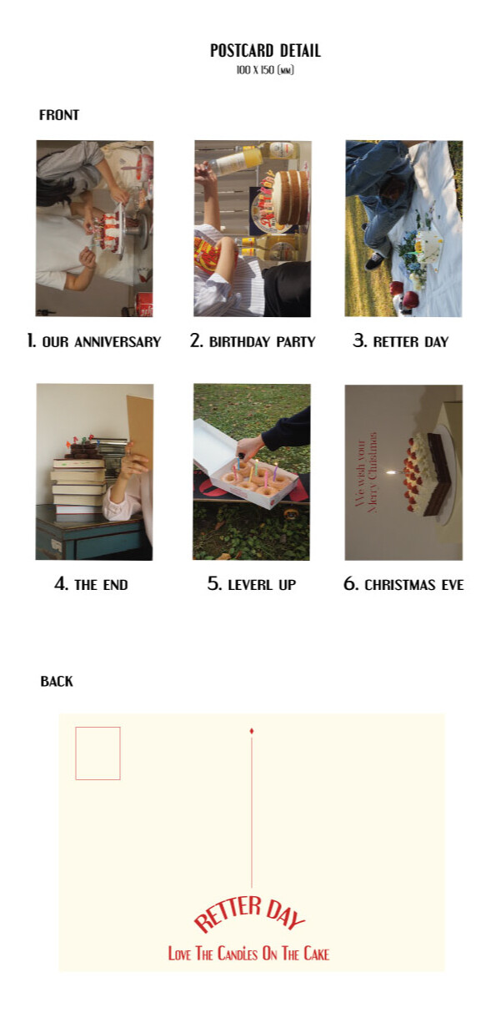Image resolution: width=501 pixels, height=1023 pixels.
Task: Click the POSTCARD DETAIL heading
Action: [265, 50]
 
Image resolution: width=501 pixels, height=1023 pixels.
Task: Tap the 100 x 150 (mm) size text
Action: [265, 70]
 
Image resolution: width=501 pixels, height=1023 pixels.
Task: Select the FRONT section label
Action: [59, 114]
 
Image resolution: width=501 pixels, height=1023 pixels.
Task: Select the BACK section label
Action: [57, 681]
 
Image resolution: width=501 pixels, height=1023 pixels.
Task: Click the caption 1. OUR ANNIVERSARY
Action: [94, 341]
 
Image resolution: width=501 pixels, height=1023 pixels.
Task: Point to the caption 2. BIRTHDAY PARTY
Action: [253, 341]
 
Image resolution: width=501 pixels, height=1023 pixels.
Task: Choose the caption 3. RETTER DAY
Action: [401, 341]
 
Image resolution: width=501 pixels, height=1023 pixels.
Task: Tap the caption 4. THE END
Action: [91, 584]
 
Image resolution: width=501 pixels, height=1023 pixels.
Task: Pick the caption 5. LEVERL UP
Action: [252, 584]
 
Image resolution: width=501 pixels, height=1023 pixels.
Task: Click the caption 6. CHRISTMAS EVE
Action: [403, 584]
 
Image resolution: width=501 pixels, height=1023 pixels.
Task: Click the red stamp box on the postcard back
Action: [98, 753]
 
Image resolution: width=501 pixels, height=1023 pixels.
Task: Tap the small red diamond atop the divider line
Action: [252, 731]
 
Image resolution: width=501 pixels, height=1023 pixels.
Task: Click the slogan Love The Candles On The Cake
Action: [248, 954]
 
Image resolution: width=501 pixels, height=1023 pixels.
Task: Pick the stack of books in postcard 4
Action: [78, 490]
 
